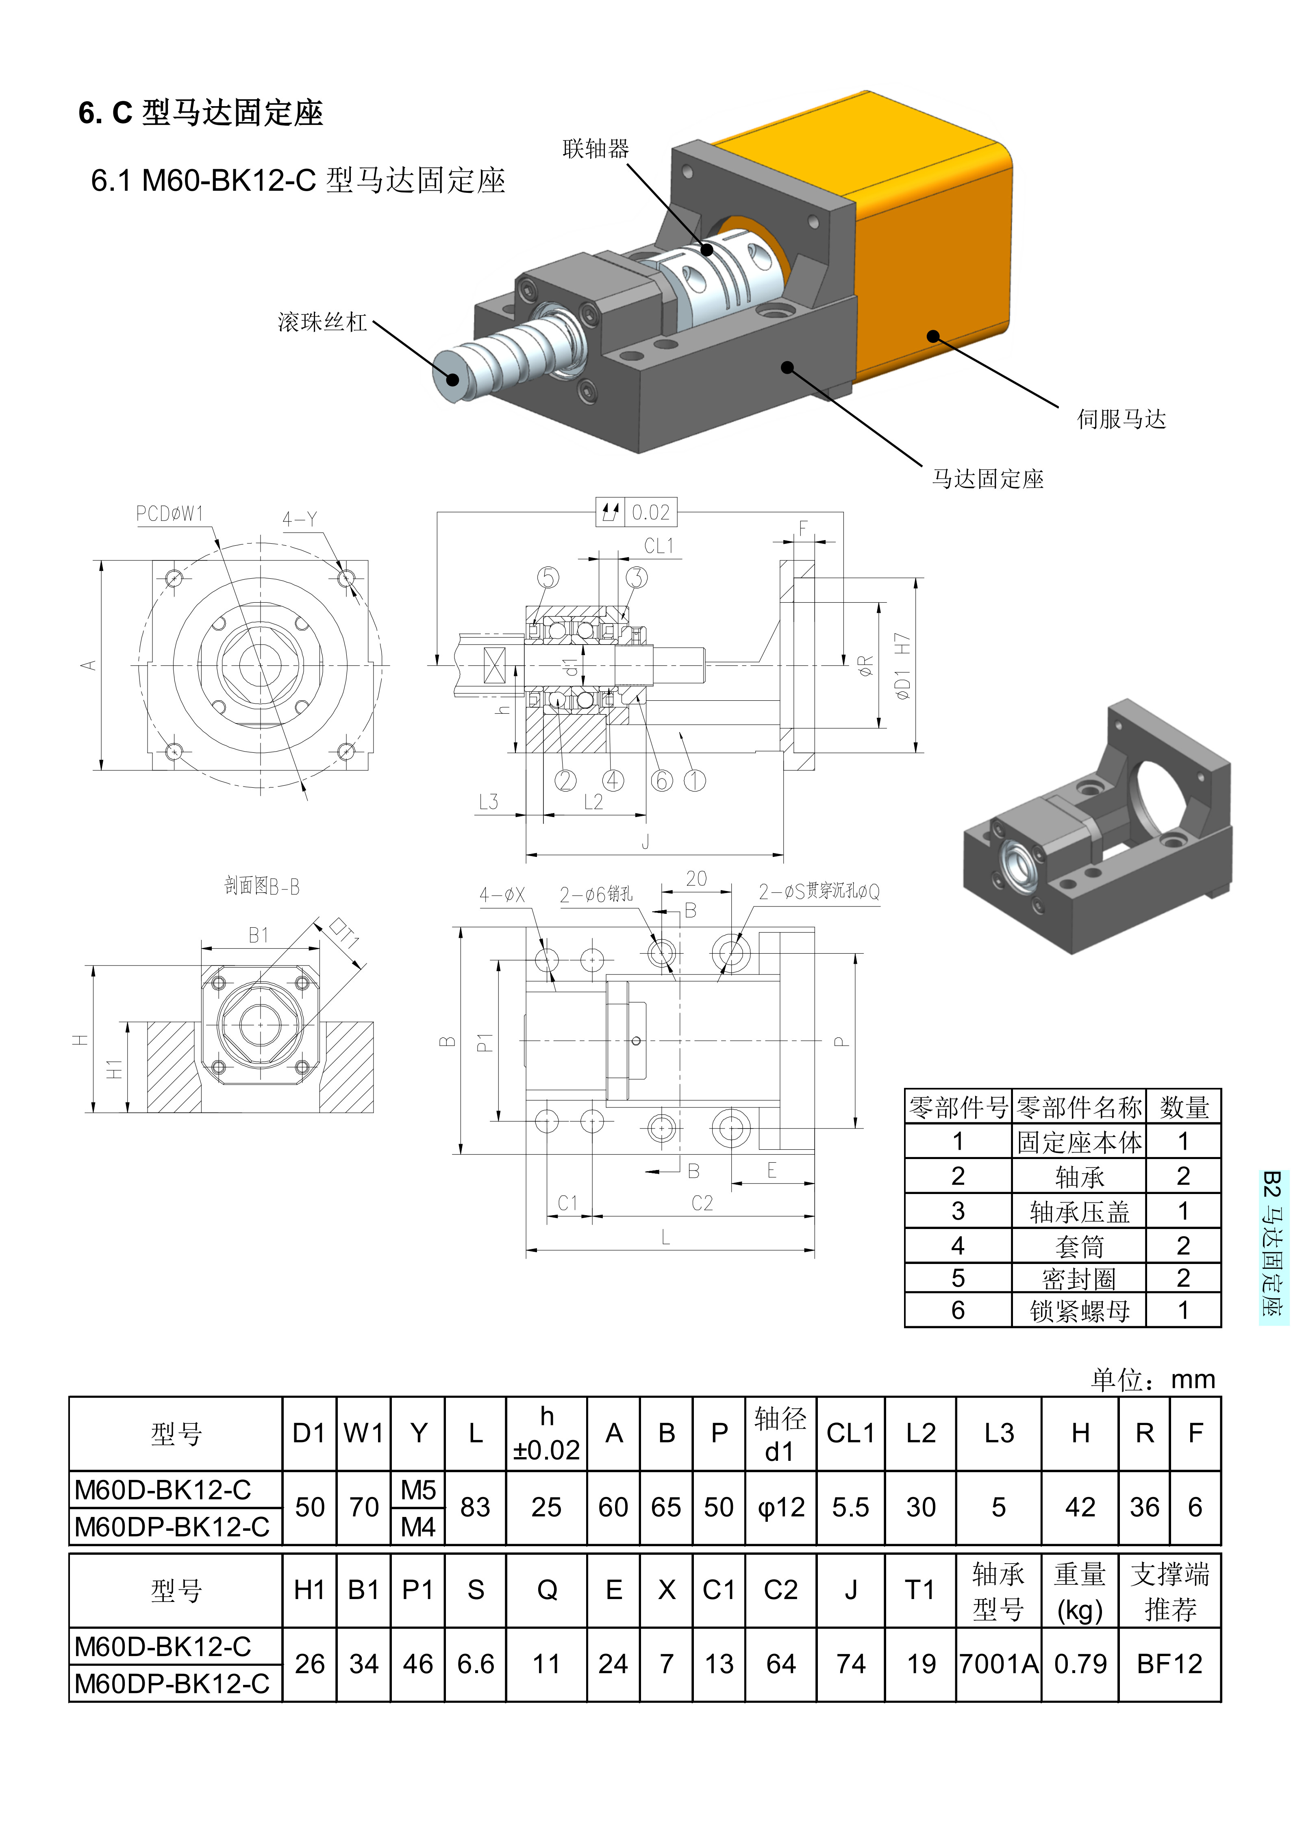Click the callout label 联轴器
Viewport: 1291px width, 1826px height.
(596, 149)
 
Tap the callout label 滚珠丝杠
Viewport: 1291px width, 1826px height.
(322, 322)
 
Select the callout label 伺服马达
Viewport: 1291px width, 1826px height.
(1121, 419)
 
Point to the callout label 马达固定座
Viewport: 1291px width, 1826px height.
(987, 479)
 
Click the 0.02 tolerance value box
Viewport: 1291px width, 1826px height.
(650, 512)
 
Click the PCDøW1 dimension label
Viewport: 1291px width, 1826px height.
(170, 514)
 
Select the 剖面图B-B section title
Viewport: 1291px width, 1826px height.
(261, 886)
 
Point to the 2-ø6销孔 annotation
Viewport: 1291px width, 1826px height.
(596, 894)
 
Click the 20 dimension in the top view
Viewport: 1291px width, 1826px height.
(696, 878)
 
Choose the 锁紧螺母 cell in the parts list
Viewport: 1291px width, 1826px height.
(1079, 1311)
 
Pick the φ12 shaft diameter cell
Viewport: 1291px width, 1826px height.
(780, 1507)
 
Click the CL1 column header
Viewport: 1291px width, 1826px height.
(850, 1433)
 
